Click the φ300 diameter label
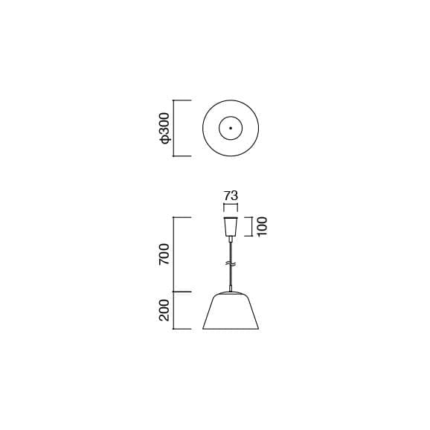165,129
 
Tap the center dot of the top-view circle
231,129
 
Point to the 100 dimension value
262,226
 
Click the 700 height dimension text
165,254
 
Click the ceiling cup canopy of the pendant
231,226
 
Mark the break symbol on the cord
231,264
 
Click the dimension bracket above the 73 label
231,206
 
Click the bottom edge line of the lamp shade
231,330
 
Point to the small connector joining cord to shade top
231,289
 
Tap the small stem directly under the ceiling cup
231,239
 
